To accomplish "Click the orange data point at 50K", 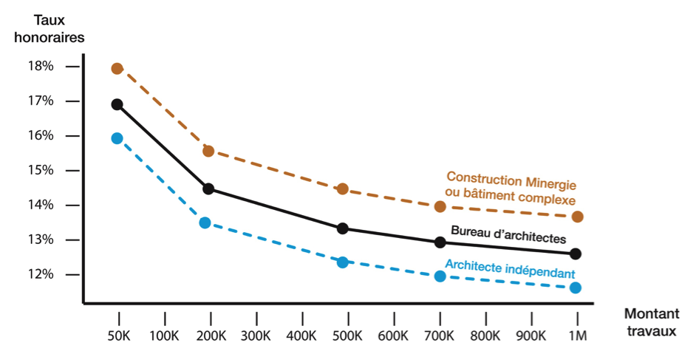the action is click(117, 69).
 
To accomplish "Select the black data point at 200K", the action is click(208, 189).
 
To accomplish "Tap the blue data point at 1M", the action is click(576, 288).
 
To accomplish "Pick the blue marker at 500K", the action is click(342, 262).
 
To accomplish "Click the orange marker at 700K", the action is click(440, 206).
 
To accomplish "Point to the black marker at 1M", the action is click(576, 254).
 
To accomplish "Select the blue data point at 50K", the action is click(117, 138).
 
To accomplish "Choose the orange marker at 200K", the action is click(208, 152).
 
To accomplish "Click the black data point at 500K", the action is click(342, 228).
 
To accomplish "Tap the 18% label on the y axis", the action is click(41, 66).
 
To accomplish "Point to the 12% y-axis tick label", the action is click(41, 274).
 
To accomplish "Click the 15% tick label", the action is click(41, 170).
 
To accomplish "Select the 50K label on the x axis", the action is click(119, 336).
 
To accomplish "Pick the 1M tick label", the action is click(577, 336).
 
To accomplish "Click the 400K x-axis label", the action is click(302, 336).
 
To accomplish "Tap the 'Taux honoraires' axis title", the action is click(49, 29).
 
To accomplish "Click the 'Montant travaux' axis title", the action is click(651, 322).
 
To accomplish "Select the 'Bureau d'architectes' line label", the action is click(508, 234).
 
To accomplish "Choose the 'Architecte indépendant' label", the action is click(510, 268).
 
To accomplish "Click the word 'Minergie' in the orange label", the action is click(550, 183).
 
